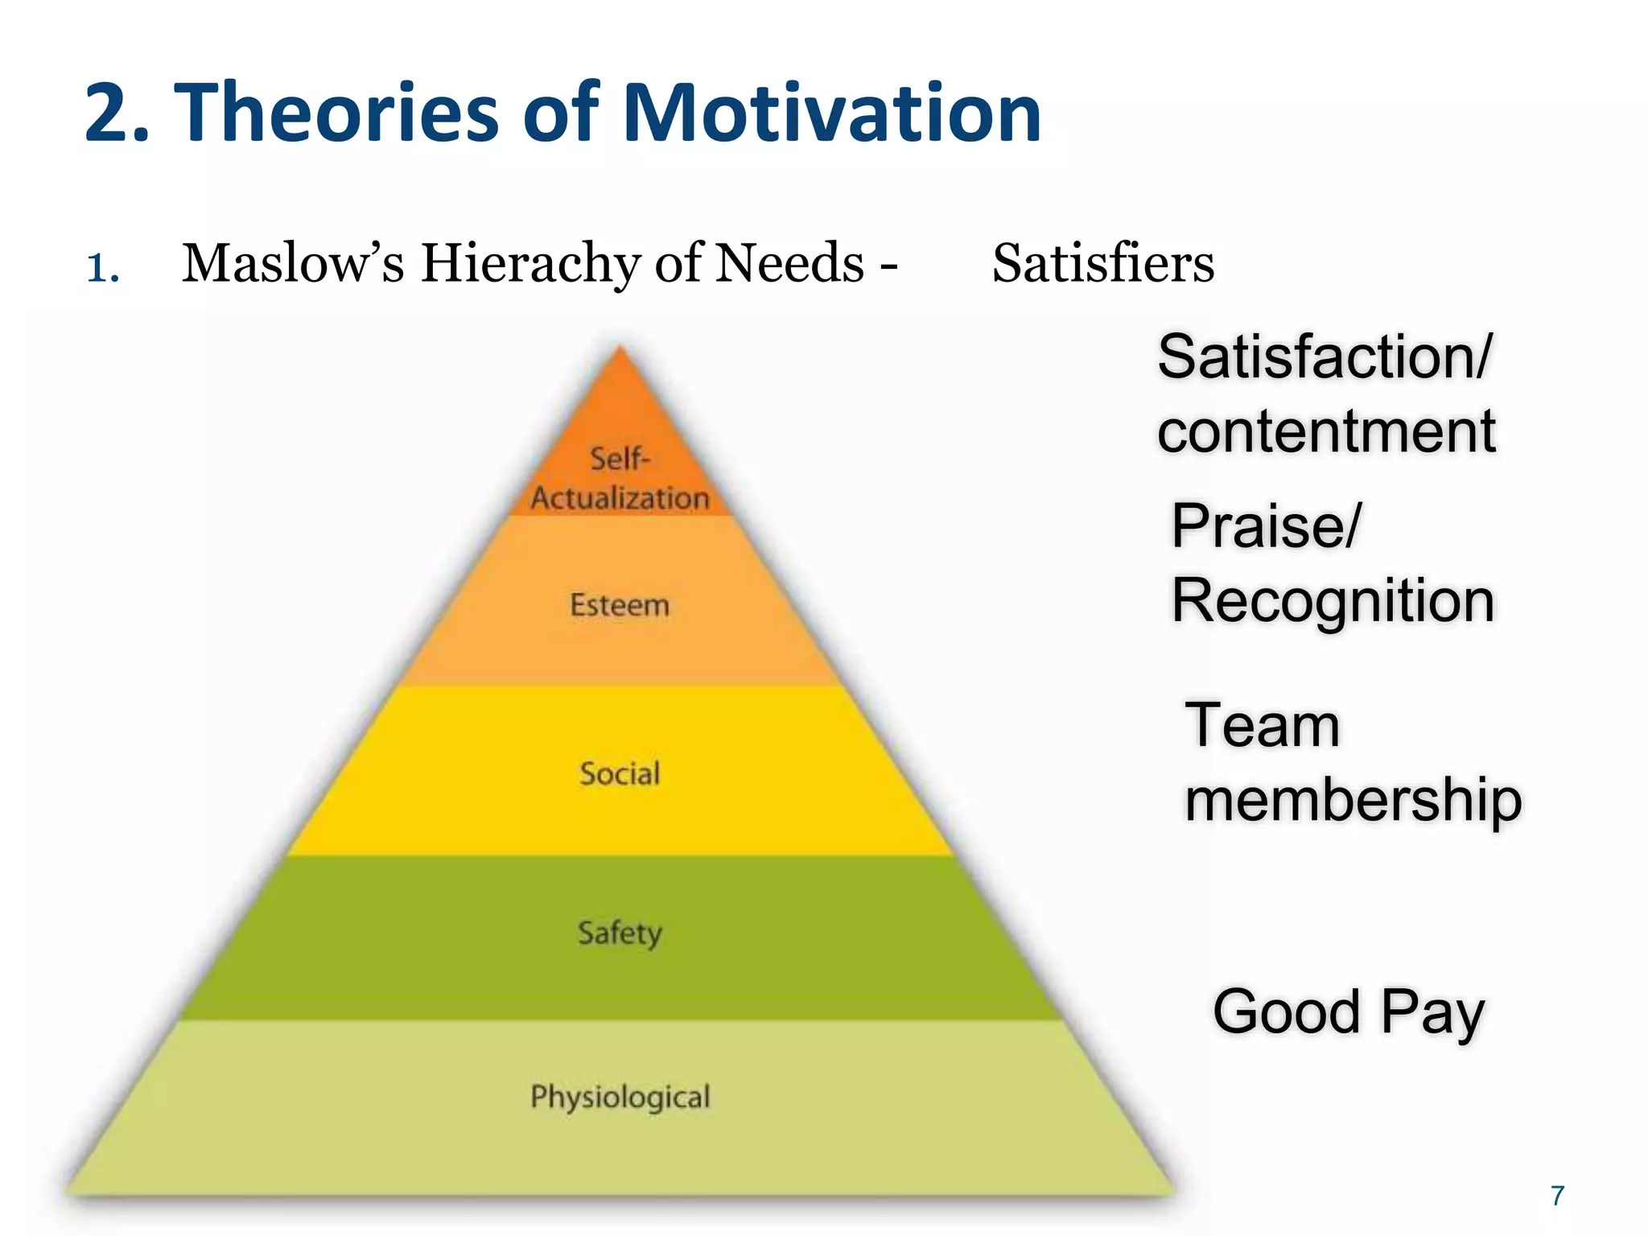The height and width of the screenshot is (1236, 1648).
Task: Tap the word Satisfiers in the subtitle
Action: point(1102,263)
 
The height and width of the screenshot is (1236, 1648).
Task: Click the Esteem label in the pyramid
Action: point(620,605)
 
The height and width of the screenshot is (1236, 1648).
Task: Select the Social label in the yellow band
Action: point(620,774)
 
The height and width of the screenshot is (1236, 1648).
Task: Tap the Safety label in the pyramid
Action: point(620,933)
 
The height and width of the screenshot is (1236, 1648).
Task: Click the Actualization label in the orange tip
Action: point(620,499)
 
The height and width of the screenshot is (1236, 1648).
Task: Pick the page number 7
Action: point(1558,1196)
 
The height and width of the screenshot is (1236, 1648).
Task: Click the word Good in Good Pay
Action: point(1286,1011)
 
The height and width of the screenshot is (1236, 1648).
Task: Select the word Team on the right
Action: point(1262,726)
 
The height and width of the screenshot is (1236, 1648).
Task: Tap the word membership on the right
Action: point(1353,800)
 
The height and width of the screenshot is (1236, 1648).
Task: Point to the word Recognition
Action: point(1333,600)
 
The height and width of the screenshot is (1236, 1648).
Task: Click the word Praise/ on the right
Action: point(1266,526)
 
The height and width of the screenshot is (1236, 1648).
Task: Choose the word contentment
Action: point(1326,431)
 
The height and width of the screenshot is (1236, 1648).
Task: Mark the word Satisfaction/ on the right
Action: point(1325,356)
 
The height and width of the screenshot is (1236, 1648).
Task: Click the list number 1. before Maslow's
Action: point(103,268)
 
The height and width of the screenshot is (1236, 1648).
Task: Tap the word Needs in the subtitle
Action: point(789,263)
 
